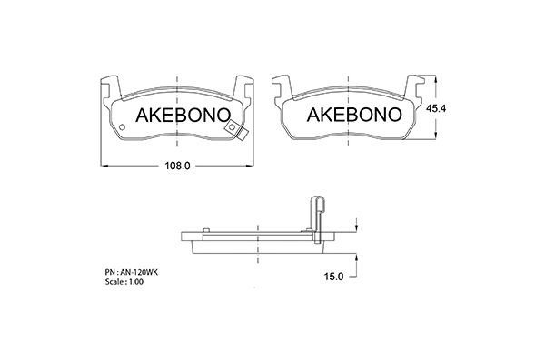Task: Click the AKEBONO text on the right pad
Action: coord(352,116)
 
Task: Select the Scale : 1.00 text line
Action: coord(124,283)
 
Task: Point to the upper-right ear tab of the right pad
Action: coord(416,84)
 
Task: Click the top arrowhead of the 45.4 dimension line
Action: coord(438,76)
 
